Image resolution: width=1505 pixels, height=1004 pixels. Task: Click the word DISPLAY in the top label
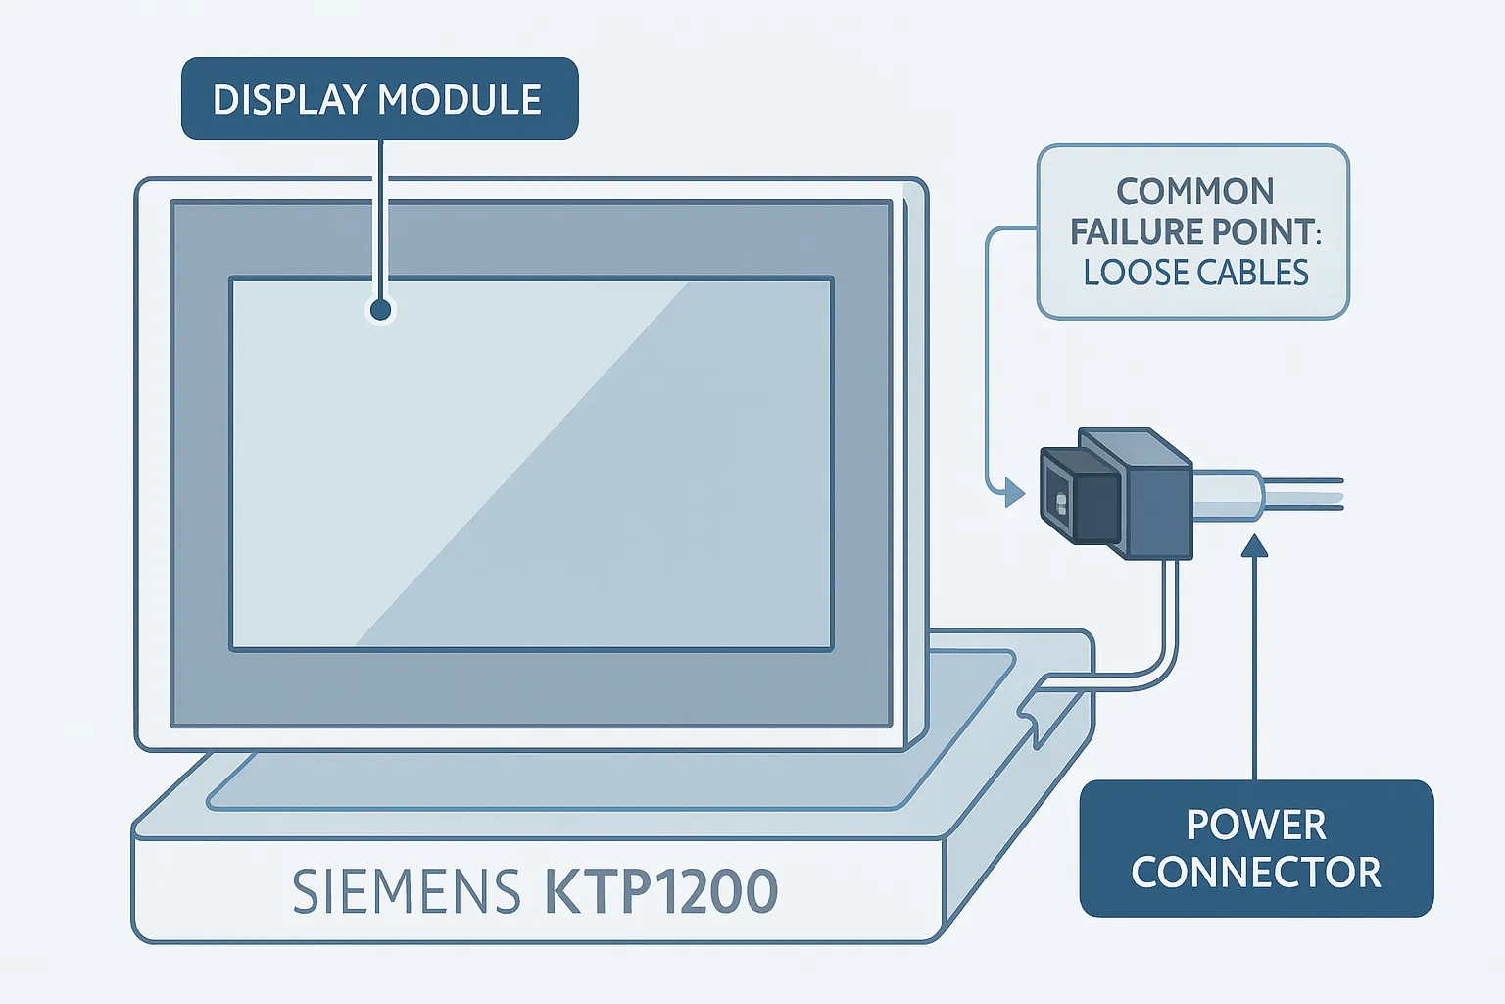pyautogui.click(x=289, y=100)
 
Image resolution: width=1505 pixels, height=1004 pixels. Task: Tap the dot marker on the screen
pyautogui.click(x=381, y=311)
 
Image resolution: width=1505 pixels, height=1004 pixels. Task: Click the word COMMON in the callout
pyautogui.click(x=1194, y=191)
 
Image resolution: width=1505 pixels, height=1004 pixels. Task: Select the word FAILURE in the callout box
pyautogui.click(x=1136, y=232)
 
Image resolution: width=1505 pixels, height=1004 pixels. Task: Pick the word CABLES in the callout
pyautogui.click(x=1253, y=273)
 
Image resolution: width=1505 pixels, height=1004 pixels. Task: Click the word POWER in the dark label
pyautogui.click(x=1256, y=825)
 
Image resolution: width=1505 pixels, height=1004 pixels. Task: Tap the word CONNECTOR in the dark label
pyautogui.click(x=1256, y=873)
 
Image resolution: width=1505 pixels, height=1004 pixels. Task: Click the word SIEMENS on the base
pyautogui.click(x=406, y=892)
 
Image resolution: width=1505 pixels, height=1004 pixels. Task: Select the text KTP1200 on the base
pyautogui.click(x=660, y=892)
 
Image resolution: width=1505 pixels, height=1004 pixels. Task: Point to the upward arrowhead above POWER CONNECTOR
pyautogui.click(x=1254, y=545)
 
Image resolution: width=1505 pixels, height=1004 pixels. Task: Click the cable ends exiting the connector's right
pyautogui.click(x=1308, y=493)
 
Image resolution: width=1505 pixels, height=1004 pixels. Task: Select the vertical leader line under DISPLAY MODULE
pyautogui.click(x=381, y=216)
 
